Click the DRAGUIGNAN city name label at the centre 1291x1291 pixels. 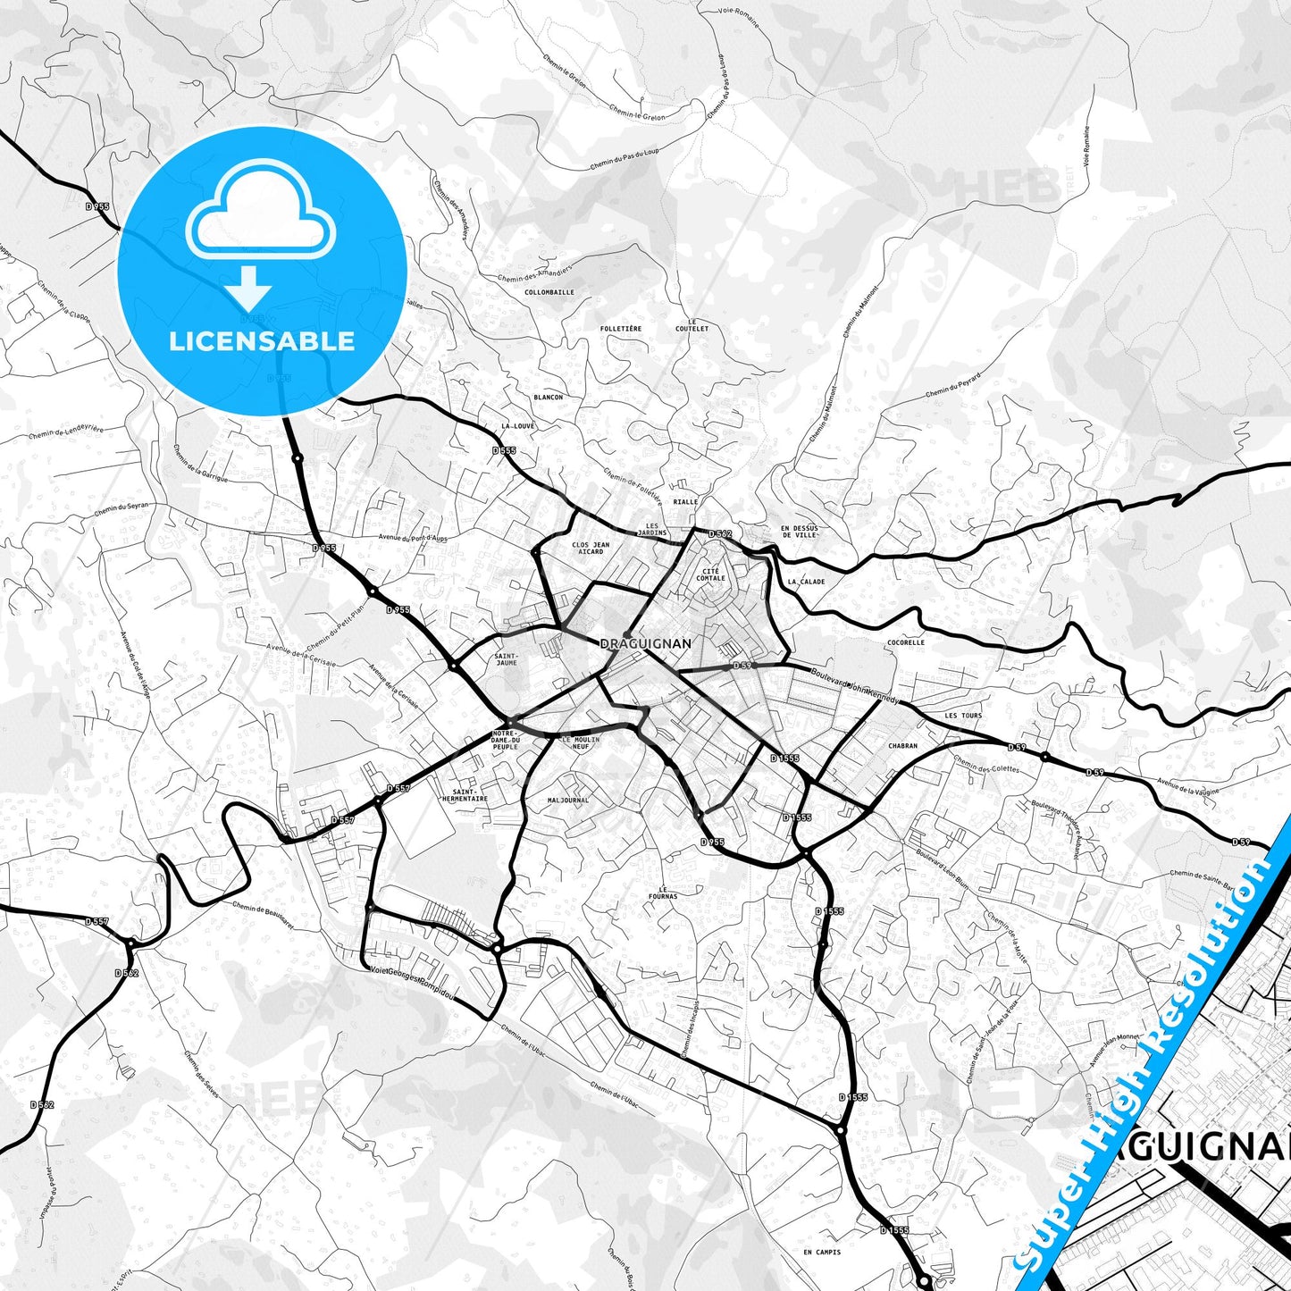[645, 643]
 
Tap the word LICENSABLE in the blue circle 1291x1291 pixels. [262, 341]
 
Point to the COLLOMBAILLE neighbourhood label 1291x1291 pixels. [549, 292]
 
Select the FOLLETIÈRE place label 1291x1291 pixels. [621, 329]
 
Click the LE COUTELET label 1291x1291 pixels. [692, 325]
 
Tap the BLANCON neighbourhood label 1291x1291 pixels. [549, 397]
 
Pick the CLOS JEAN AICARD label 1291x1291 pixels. [591, 548]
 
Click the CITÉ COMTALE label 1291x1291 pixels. [711, 574]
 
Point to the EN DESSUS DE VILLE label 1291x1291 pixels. [800, 532]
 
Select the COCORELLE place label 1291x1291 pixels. [906, 642]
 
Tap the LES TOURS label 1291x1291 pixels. [963, 716]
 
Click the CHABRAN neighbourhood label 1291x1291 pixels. [903, 746]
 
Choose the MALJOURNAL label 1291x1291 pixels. [568, 801]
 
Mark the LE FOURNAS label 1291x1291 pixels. [663, 892]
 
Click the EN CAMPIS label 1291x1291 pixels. [822, 1252]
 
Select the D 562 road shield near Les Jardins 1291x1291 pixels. [720, 534]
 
